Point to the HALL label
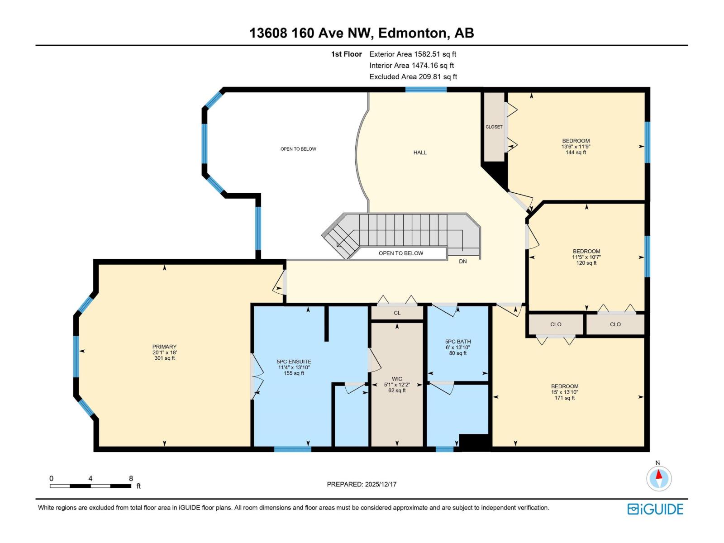pyautogui.click(x=420, y=153)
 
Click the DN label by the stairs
pyautogui.click(x=462, y=262)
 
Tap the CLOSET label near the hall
pyautogui.click(x=494, y=127)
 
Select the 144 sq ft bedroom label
pyautogui.click(x=576, y=147)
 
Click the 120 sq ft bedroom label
pyautogui.click(x=586, y=257)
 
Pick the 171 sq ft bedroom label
pyautogui.click(x=564, y=392)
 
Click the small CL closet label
pyautogui.click(x=397, y=313)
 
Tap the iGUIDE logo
pyautogui.click(x=655, y=509)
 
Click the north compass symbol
pyautogui.click(x=659, y=478)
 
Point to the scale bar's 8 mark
pyautogui.click(x=131, y=479)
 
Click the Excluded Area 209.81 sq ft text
pyautogui.click(x=413, y=77)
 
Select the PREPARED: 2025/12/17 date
pyautogui.click(x=362, y=484)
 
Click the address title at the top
pyautogui.click(x=362, y=33)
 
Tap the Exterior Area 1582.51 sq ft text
pyautogui.click(x=412, y=54)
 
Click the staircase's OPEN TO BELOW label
pyautogui.click(x=400, y=253)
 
